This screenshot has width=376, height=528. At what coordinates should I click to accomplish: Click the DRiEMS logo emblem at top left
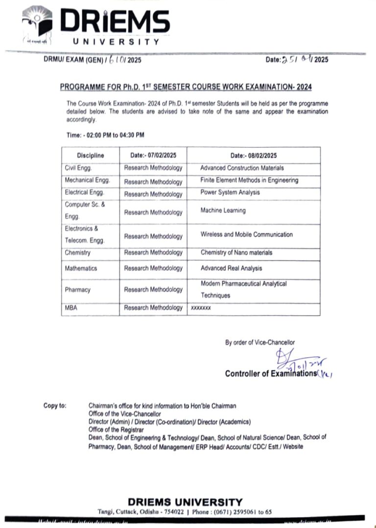(x=38, y=24)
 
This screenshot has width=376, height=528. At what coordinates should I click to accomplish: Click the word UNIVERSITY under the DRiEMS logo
(x=116, y=42)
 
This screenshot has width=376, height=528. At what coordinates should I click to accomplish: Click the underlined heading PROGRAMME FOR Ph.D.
(x=186, y=87)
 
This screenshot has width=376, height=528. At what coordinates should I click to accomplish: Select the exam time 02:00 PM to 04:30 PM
(x=105, y=135)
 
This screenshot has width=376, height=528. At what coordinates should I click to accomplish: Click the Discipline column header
(x=90, y=156)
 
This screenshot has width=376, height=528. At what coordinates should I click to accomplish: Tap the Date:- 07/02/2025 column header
(x=153, y=156)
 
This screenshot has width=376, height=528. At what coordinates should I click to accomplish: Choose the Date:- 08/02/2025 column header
(x=253, y=156)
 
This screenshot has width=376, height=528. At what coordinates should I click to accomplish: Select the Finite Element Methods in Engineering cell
(x=249, y=180)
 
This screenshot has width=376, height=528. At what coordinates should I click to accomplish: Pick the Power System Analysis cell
(x=230, y=192)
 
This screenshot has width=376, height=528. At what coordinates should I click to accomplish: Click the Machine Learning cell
(x=223, y=210)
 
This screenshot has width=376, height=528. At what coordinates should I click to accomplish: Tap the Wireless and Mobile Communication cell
(x=246, y=234)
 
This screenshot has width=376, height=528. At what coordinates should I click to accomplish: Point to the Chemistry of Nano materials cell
(x=236, y=253)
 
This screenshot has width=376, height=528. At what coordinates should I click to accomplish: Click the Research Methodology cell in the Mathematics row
(x=153, y=268)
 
